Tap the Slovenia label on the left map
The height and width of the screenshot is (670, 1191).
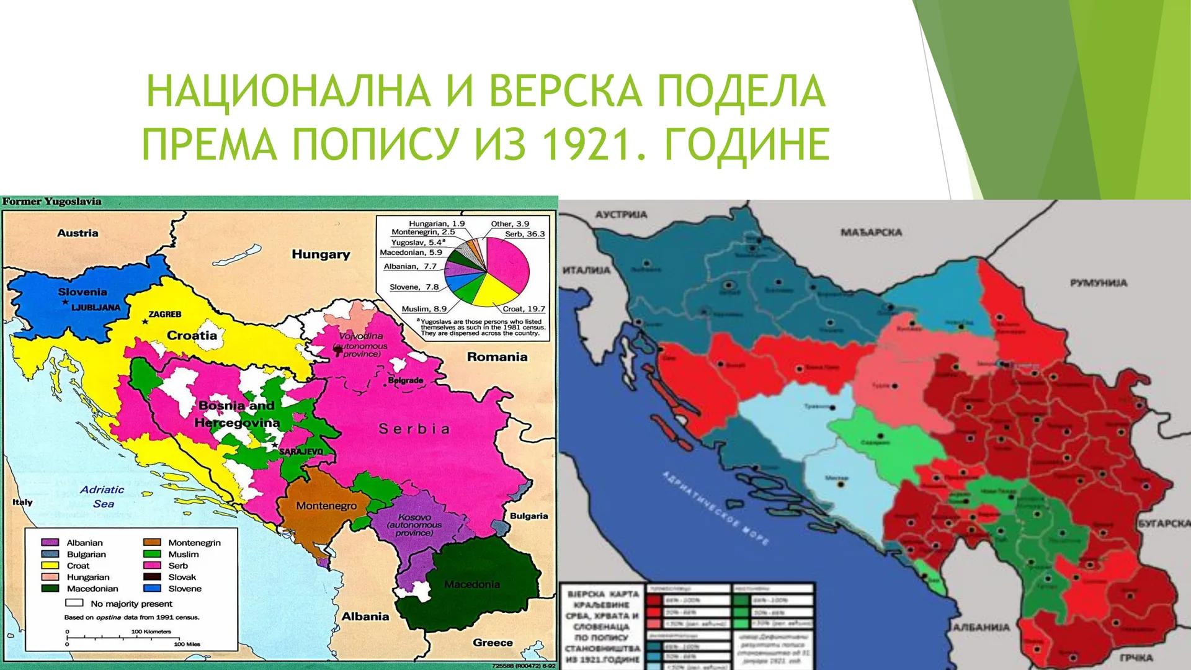[x=82, y=292]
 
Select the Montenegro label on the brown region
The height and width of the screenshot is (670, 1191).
[x=326, y=506]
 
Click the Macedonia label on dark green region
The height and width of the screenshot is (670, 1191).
[x=472, y=584]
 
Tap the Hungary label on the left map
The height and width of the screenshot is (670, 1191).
[x=321, y=254]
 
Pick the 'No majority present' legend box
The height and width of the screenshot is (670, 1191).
[x=74, y=603]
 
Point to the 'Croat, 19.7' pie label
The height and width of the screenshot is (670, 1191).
[x=520, y=308]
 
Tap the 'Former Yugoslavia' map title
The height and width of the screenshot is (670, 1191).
[x=52, y=202]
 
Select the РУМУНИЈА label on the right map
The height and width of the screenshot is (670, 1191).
[x=1099, y=283]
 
